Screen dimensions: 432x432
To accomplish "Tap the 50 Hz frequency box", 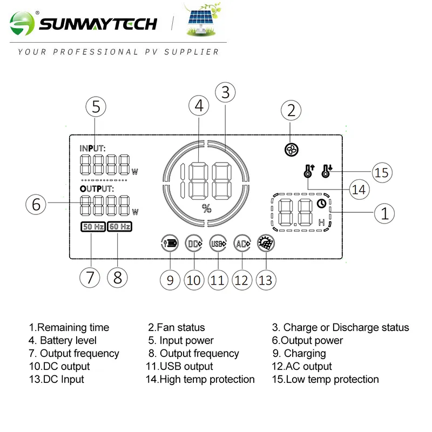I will coord(92,227).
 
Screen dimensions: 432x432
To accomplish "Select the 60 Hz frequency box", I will coord(119,227).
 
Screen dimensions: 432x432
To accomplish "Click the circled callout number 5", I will coord(96,107).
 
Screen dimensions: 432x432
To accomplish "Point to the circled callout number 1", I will coord(384,213).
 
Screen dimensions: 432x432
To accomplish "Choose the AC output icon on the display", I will coord(242,244).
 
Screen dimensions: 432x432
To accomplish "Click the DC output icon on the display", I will coord(194,244).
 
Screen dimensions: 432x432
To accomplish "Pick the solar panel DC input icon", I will coord(266,244).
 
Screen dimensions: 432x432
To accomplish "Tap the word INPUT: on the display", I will coord(92,148).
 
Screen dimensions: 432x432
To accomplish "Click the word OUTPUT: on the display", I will coord(97,189).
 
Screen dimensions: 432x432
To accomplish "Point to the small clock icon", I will coord(322,204).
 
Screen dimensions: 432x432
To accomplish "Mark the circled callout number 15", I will coord(382,173).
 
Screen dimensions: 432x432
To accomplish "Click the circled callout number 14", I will coord(358,189).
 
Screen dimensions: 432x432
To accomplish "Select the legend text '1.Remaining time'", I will coord(69,327).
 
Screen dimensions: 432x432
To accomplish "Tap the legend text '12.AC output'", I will coord(302,366).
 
